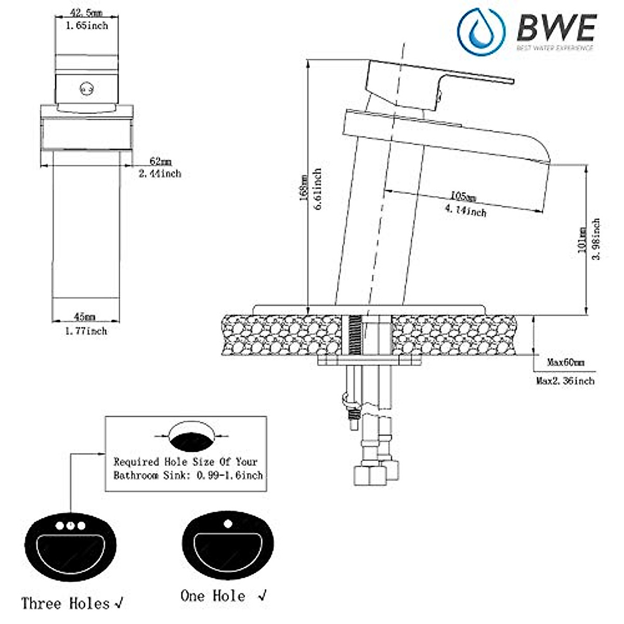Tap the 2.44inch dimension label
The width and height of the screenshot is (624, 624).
160,174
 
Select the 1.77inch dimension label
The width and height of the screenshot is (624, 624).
86,331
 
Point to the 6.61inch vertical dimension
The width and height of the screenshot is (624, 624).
318,188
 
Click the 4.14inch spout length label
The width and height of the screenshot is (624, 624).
465,211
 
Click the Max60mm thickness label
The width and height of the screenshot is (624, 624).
566,362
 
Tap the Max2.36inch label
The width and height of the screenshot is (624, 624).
565,381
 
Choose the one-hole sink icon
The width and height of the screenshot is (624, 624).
227,544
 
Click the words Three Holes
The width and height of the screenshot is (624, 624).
66,603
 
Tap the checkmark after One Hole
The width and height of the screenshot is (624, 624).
263,594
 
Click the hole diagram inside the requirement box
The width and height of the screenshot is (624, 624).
192,435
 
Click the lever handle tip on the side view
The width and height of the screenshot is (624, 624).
507,80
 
